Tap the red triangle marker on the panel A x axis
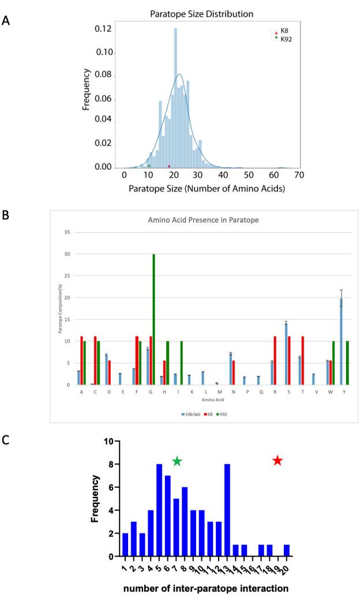[x=169, y=166]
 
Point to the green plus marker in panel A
[x=149, y=166]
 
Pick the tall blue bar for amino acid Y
[x=342, y=341]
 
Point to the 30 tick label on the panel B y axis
[x=66, y=254]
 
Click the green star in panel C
[x=177, y=461]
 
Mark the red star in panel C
[x=277, y=460]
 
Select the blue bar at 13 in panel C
[x=227, y=510]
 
